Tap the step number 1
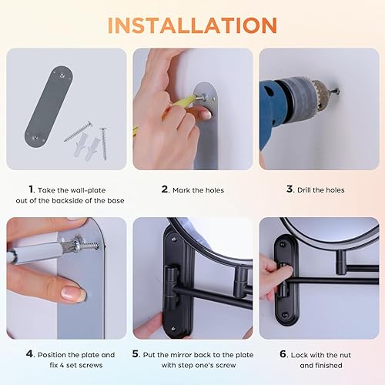click(31, 189)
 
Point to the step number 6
click(284, 354)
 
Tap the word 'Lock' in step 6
click(304, 354)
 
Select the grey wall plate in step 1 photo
click(46, 108)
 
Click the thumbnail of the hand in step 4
click(74, 293)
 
